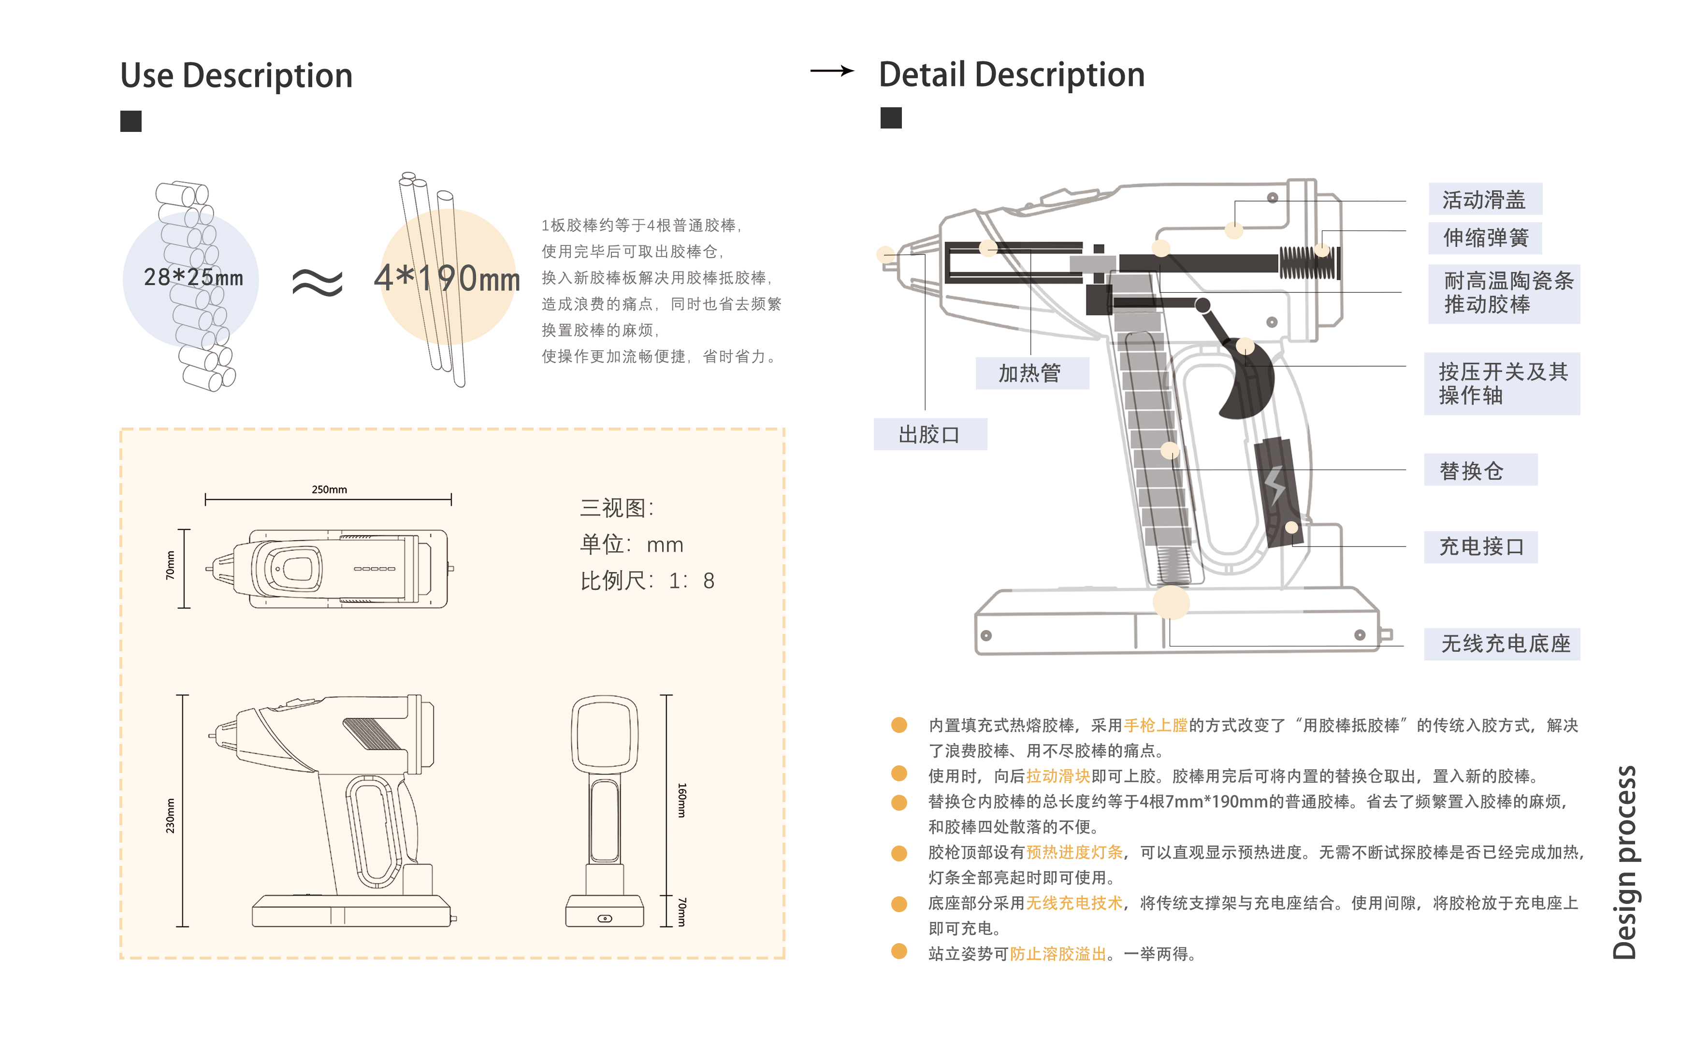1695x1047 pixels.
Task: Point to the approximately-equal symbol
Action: [x=317, y=282]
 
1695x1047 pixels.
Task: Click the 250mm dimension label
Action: [x=329, y=489]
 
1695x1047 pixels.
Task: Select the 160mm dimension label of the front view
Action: [x=681, y=800]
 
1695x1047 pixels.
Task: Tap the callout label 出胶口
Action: [x=929, y=435]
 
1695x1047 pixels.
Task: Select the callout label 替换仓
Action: [x=1471, y=471]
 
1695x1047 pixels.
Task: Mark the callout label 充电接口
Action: [x=1480, y=547]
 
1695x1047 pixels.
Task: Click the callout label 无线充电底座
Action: [x=1505, y=644]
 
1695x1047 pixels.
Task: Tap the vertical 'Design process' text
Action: [x=1624, y=861]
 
